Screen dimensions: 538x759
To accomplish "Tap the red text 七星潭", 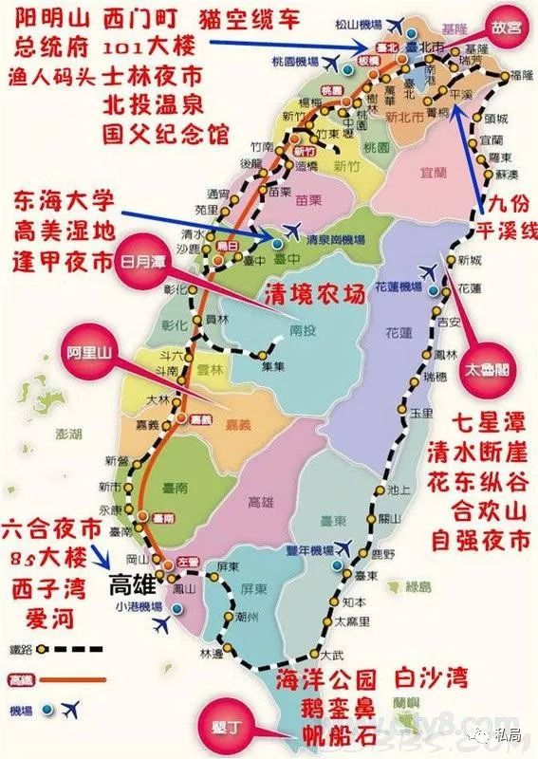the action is [488, 422].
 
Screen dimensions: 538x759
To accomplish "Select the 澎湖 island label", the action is [44, 434].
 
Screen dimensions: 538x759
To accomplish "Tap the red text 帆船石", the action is [343, 734].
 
